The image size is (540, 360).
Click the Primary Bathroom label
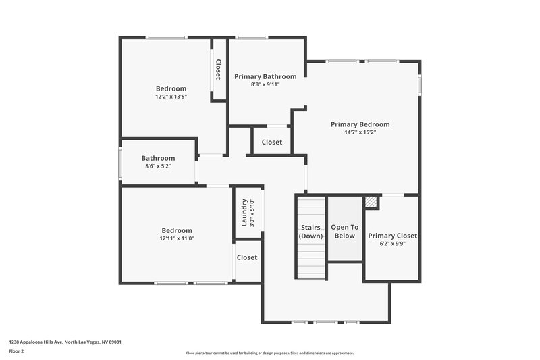pyautogui.click(x=265, y=76)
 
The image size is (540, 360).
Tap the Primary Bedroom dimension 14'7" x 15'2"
pyautogui.click(x=360, y=132)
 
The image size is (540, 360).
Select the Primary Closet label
pyautogui.click(x=392, y=236)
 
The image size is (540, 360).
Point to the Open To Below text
pyautogui.click(x=344, y=232)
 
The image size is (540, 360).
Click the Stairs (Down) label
pyautogui.click(x=311, y=232)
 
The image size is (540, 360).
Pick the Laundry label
pyautogui.click(x=244, y=211)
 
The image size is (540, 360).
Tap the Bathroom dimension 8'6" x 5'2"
pyautogui.click(x=158, y=166)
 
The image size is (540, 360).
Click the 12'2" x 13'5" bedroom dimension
pyautogui.click(x=171, y=97)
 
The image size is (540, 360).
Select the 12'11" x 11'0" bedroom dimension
pyautogui.click(x=176, y=238)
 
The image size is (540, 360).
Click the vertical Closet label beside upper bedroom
pyautogui.click(x=218, y=70)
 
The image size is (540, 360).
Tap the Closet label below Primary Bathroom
pyautogui.click(x=272, y=142)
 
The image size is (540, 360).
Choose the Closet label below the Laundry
pyautogui.click(x=247, y=257)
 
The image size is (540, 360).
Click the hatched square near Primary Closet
pyautogui.click(x=371, y=201)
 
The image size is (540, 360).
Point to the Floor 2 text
pyautogui.click(x=16, y=352)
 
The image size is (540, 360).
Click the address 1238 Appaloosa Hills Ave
pyautogui.click(x=65, y=342)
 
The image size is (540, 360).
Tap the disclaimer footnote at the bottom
pyautogui.click(x=270, y=353)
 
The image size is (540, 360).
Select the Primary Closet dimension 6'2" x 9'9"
pyautogui.click(x=392, y=244)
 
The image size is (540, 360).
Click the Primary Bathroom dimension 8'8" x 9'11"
pyautogui.click(x=265, y=84)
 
